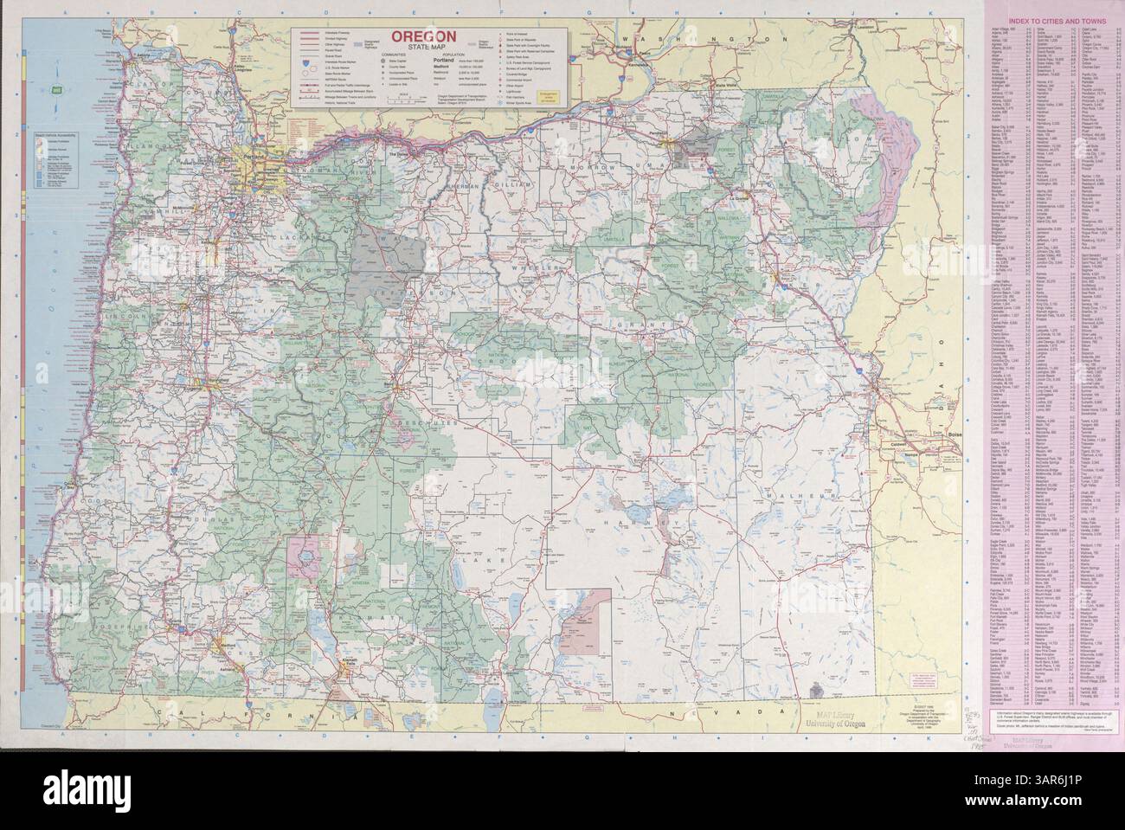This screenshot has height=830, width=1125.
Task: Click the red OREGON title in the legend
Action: [421, 36]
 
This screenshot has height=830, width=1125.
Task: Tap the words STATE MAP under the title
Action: [421, 48]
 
